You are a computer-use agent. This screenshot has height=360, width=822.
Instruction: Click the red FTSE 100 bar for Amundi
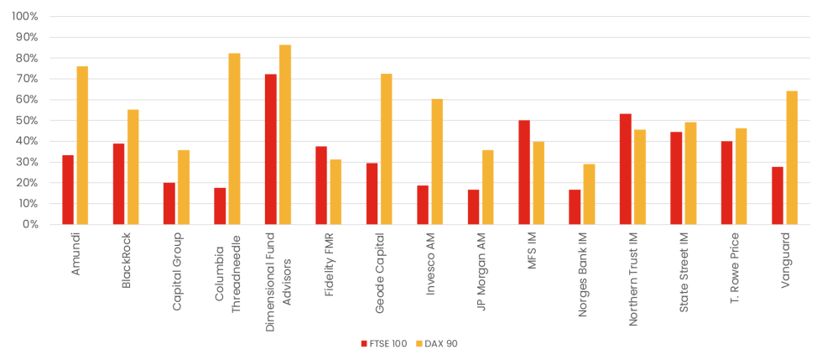tap(68, 190)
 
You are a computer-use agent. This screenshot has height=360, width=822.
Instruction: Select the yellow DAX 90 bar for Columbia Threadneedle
tap(234, 138)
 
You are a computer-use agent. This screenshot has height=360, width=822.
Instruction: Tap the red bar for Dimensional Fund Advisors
tap(271, 149)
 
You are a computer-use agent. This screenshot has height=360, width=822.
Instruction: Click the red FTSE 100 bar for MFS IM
tap(524, 172)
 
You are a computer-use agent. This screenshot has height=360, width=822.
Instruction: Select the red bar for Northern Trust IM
tap(626, 169)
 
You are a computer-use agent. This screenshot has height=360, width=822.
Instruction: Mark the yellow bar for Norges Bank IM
tap(589, 194)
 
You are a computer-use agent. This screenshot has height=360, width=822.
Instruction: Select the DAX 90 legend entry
tap(436, 343)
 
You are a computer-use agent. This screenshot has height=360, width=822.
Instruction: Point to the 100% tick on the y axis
tap(24, 17)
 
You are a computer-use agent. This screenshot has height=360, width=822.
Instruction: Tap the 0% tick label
tap(30, 225)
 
